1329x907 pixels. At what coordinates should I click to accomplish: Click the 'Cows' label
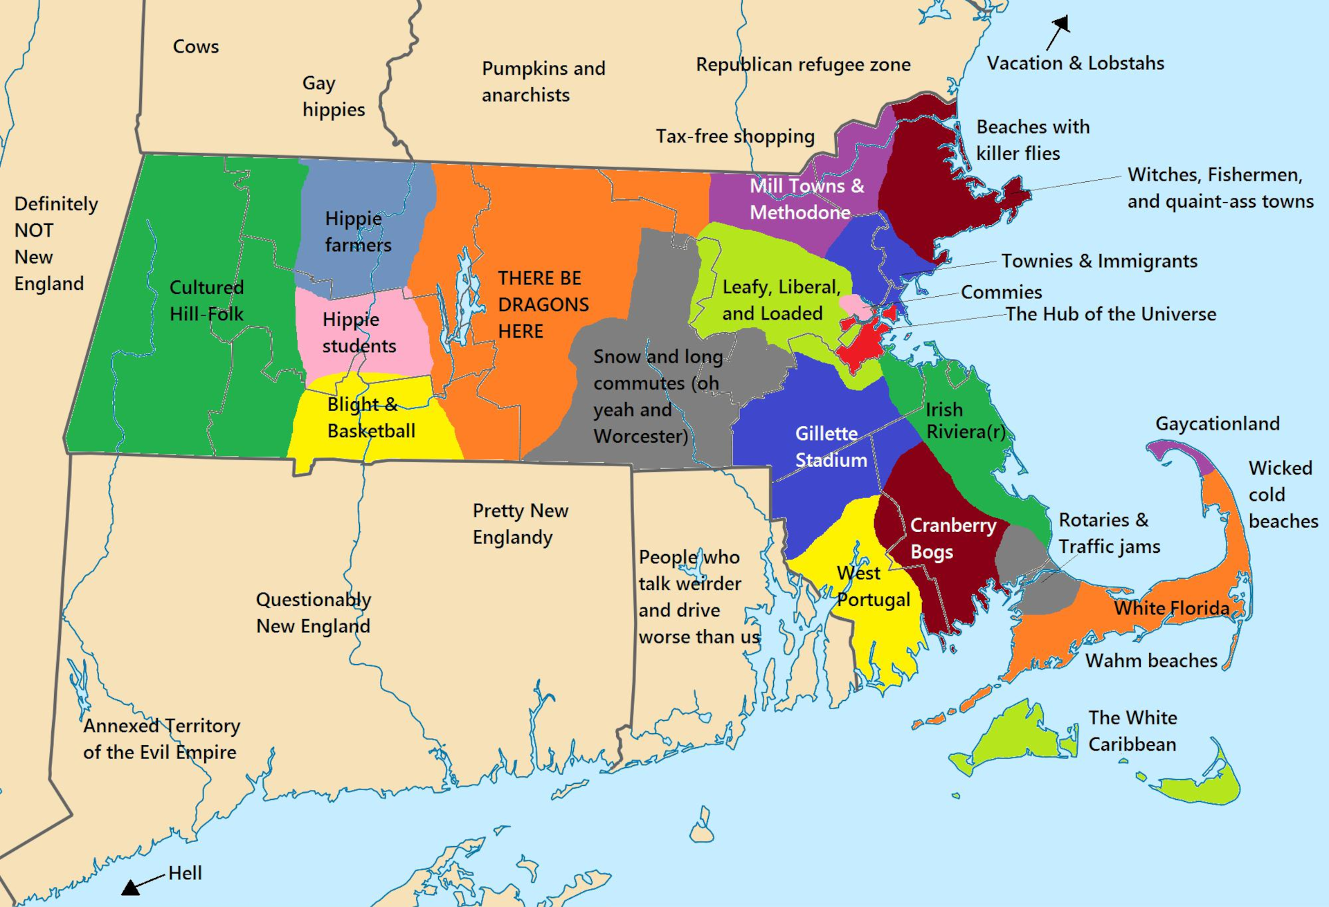tap(196, 46)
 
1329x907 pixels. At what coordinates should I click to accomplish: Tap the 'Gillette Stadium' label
tap(831, 447)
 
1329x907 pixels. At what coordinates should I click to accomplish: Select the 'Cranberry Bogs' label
tap(952, 538)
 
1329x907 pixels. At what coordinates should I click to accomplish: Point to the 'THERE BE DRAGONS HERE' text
tap(543, 304)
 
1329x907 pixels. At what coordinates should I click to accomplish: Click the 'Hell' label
tap(186, 873)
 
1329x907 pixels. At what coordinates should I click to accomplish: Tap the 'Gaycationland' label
tap(1217, 423)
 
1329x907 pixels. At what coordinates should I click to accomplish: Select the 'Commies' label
tap(1001, 292)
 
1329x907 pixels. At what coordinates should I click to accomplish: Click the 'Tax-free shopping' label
tap(735, 136)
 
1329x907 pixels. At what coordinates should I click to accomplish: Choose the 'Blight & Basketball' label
tap(371, 418)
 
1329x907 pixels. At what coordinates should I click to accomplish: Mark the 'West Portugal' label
tap(872, 586)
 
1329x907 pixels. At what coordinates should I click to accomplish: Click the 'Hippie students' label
tap(359, 333)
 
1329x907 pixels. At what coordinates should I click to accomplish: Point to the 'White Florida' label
tap(1171, 608)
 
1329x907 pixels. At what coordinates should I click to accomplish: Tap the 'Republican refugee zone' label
tap(803, 64)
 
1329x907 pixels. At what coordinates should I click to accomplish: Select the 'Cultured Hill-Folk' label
tap(206, 300)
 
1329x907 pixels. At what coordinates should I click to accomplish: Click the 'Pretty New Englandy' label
tap(520, 524)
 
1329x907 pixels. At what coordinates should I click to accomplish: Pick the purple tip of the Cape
tap(1181, 453)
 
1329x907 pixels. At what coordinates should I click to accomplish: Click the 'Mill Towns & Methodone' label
tap(806, 199)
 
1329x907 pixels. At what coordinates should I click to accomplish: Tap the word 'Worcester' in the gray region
tap(640, 437)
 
